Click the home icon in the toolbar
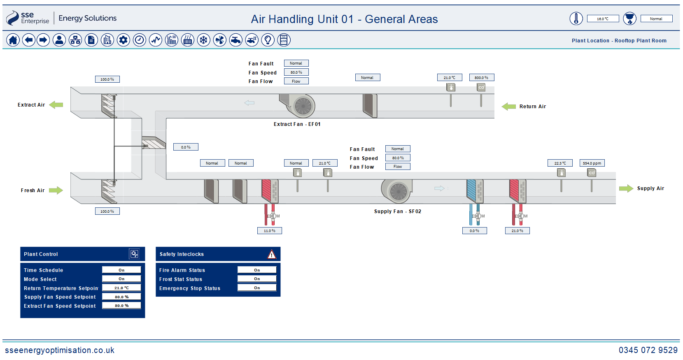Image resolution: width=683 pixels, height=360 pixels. tap(13, 40)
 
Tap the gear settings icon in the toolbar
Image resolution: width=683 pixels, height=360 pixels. tap(123, 40)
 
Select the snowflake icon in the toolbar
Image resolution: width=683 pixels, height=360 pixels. tap(203, 40)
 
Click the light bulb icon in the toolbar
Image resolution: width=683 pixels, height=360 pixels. tap(268, 40)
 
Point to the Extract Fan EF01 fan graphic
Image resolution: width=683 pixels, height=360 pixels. tap(298, 105)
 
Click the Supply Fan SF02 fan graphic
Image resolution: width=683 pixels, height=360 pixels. tap(397, 191)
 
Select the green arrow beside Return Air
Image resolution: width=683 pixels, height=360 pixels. tap(508, 107)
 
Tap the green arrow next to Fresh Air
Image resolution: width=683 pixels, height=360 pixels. tap(56, 190)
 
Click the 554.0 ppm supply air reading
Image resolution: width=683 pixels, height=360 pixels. tap(592, 163)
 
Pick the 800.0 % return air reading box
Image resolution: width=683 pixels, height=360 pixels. tap(481, 77)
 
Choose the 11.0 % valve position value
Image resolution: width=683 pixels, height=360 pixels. tap(270, 231)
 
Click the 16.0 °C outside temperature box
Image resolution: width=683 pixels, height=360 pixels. tap(603, 19)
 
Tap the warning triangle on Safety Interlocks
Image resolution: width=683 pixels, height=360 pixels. tap(271, 254)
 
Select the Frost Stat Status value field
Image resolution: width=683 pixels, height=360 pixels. tap(257, 279)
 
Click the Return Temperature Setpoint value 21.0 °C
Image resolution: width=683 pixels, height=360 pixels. tap(121, 288)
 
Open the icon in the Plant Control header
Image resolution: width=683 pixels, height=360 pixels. tap(134, 254)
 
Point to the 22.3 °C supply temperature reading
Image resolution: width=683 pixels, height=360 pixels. tap(560, 163)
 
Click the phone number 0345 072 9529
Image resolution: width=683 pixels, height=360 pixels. tap(648, 350)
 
